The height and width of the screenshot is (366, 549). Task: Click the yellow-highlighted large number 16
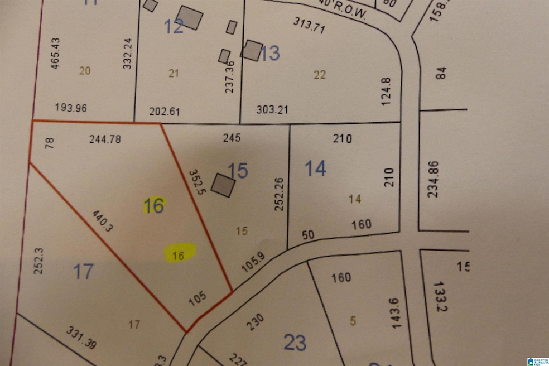153,206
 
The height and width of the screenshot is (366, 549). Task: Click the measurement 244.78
105,140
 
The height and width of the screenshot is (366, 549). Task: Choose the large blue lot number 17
83,272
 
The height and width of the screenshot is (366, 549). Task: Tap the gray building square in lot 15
224,185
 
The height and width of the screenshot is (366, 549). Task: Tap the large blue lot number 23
295,342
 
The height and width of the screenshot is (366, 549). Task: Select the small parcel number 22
319,75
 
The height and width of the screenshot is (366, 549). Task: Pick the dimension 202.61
165,111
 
